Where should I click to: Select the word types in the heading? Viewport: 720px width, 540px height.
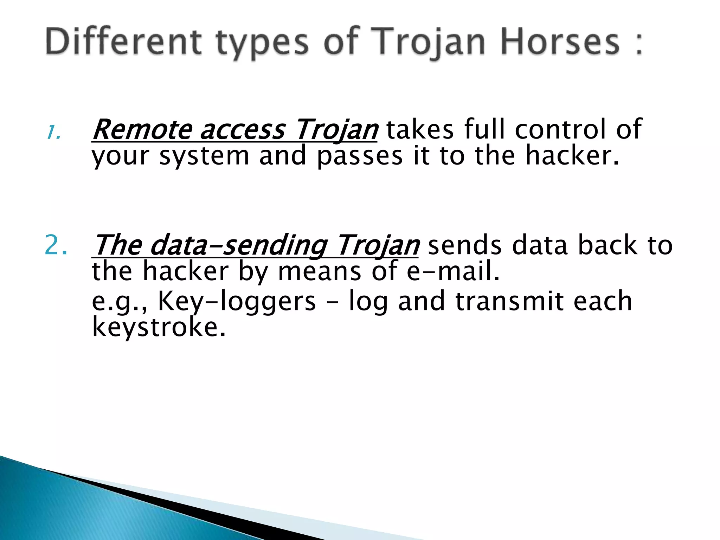[262, 44]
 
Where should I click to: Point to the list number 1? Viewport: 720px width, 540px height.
[53, 133]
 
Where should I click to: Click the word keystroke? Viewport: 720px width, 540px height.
[158, 327]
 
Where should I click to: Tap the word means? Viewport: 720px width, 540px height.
[319, 271]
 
